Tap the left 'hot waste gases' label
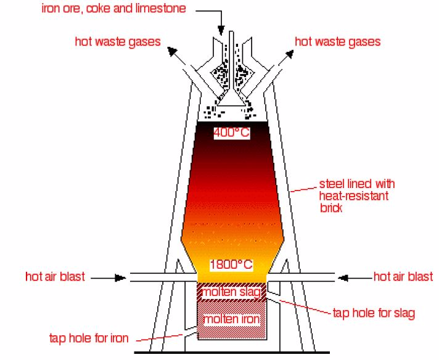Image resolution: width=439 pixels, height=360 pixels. click(118, 42)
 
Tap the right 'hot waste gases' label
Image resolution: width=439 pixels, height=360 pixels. click(338, 42)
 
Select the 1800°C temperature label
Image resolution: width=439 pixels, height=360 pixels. click(231, 265)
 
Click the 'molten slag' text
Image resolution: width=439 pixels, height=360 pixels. click(232, 291)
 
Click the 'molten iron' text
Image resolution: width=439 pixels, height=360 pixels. click(232, 319)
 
